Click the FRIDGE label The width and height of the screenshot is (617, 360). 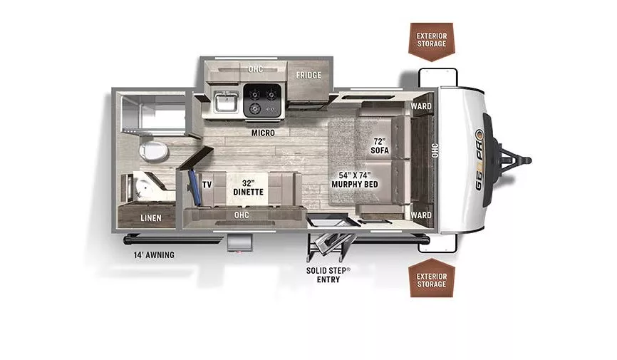308,75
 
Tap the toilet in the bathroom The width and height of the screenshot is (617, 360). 152,150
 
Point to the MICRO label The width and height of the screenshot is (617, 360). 264,133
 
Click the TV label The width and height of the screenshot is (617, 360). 207,185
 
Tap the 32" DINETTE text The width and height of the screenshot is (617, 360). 248,187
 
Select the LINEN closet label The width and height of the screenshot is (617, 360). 150,217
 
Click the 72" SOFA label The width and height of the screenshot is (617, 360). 380,146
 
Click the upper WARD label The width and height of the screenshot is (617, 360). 420,107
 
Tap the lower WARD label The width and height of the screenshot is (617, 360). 420,215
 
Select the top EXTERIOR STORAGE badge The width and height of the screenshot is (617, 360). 432,39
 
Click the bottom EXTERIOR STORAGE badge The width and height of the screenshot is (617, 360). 432,279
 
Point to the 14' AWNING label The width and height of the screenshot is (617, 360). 152,254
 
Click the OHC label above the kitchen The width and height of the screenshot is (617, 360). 255,69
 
